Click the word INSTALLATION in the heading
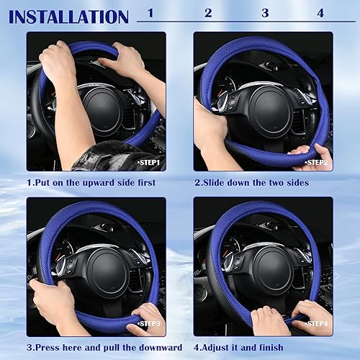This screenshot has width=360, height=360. [68, 16]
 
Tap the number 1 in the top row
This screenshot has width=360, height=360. [150, 12]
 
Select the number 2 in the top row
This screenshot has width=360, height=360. [208, 12]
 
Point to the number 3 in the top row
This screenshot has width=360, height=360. [265, 12]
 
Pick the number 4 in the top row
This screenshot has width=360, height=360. [320, 12]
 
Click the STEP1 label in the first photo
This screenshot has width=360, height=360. [150, 163]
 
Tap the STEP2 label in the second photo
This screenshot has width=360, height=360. [316, 163]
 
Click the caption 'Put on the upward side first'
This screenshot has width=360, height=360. [91, 183]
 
